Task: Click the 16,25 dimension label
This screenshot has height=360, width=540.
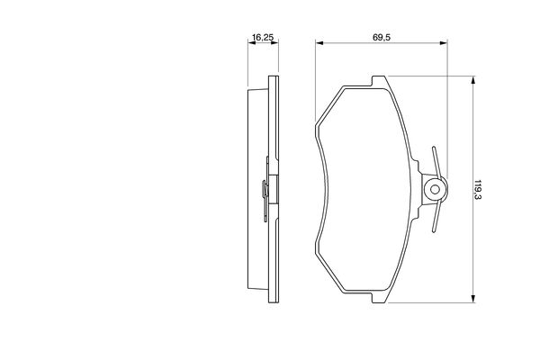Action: (263, 37)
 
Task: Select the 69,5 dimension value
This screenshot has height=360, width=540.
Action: (382, 37)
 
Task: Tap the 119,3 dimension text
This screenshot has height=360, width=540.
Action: (479, 190)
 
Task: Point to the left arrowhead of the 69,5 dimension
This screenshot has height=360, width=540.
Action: (319, 42)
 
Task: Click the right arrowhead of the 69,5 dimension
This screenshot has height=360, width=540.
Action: (443, 42)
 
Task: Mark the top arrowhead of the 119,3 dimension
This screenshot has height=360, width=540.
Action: (473, 80)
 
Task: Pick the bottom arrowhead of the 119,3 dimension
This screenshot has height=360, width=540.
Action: (473, 299)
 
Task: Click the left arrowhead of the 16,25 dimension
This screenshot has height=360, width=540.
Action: (252, 42)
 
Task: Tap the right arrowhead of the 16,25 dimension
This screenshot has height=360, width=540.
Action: (274, 42)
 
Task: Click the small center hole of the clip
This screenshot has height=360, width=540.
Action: (435, 189)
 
